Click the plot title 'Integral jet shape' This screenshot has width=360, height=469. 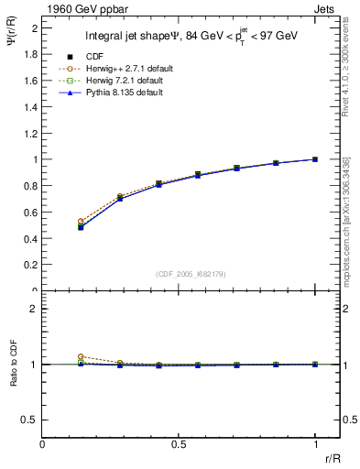coord(133,38)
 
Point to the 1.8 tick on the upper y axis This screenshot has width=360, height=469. coord(33,54)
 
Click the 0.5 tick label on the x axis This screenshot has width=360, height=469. coord(179,445)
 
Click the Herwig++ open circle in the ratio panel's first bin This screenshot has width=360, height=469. coord(81,356)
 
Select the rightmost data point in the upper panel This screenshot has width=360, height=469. coord(315,159)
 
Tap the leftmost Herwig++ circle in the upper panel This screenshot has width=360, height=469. coord(81,221)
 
